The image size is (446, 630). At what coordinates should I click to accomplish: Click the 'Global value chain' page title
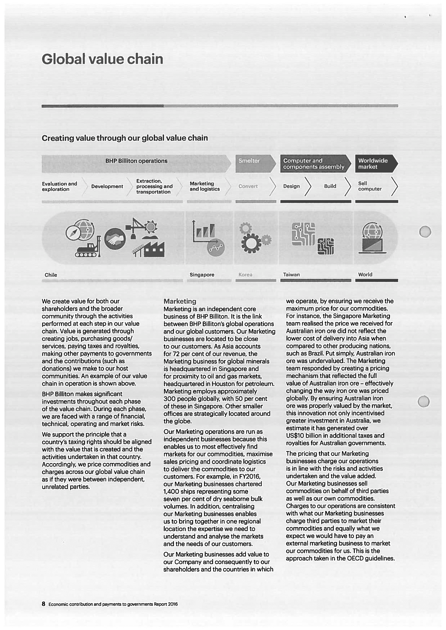102,59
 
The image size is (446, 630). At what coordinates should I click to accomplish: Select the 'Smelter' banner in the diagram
249,161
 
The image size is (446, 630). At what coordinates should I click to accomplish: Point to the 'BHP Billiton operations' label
136,161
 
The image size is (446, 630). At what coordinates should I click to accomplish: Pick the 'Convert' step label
248,186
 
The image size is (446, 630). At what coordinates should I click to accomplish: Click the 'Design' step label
291,186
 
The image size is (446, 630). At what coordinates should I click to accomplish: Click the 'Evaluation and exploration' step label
59,187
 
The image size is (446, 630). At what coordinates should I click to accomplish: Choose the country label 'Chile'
51,275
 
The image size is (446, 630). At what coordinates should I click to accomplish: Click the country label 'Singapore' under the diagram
202,275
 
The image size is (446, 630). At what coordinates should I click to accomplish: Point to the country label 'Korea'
245,275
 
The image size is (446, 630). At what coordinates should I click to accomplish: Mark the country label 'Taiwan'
291,275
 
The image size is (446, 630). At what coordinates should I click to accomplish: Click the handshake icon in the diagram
115,239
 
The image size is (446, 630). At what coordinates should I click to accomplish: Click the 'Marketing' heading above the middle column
180,301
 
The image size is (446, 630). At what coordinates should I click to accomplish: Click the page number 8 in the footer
43,604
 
